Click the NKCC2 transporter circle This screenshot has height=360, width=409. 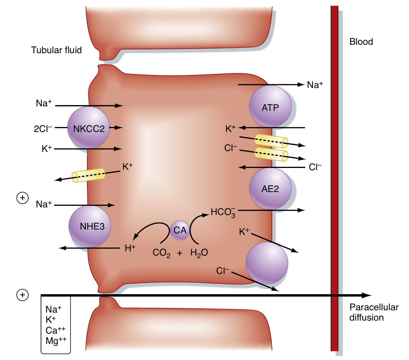88,128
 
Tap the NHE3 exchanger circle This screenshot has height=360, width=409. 90,226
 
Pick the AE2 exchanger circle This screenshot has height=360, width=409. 270,189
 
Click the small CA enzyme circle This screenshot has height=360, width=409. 180,230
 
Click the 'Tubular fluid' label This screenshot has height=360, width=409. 56,50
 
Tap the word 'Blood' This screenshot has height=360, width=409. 361,42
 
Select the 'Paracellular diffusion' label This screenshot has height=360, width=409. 374,312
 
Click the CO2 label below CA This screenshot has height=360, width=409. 161,253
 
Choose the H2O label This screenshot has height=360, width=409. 199,253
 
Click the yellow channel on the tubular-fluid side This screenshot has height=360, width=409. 88,175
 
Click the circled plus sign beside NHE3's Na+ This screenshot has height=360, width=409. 22,198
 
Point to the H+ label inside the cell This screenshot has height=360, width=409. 130,248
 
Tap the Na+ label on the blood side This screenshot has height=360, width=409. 315,85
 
